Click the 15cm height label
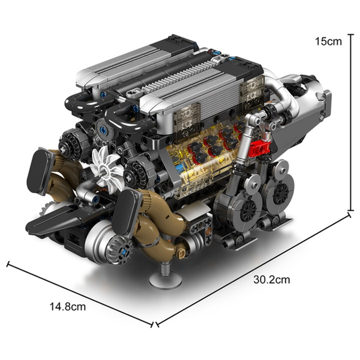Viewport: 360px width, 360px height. tap(328, 42)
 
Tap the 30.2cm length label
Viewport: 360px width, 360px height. tap(271, 280)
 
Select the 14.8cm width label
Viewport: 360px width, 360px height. tap(67, 306)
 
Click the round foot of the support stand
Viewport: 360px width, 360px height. tap(166, 281)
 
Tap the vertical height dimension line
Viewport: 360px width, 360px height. tap(350, 122)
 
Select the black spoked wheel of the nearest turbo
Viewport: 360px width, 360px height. tap(248, 210)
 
